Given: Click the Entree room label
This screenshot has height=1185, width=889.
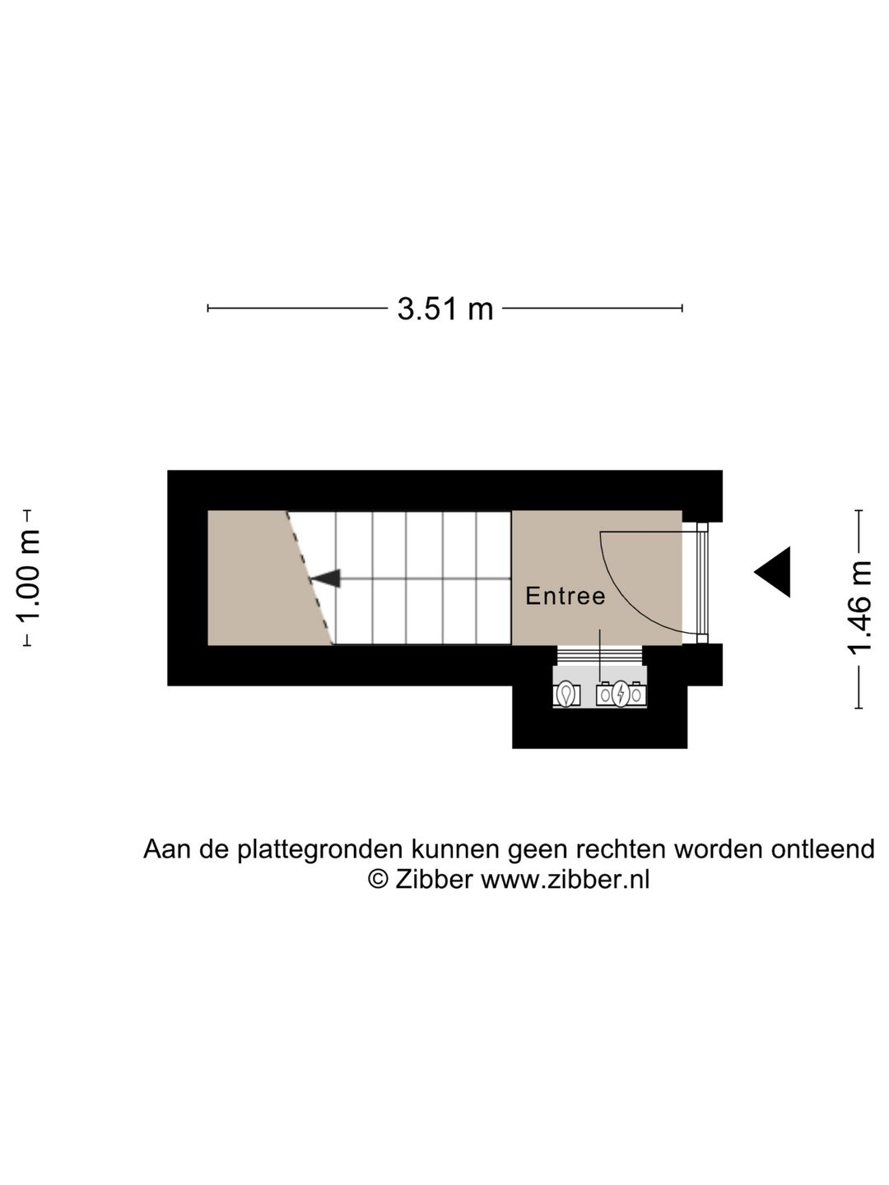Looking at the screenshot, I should tap(565, 596).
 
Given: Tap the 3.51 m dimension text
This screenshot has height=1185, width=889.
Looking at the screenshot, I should tap(444, 309).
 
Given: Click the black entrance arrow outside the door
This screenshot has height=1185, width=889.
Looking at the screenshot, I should tap(775, 572).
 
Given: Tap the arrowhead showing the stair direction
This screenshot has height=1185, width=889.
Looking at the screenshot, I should tap(326, 579).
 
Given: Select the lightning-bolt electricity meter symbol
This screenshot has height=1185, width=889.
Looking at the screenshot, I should tap(621, 695).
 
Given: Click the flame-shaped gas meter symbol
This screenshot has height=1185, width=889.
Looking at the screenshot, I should tap(566, 695).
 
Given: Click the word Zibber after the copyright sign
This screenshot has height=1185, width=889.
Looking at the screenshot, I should tap(433, 880).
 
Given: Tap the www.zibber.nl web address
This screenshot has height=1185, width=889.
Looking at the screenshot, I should tap(565, 880).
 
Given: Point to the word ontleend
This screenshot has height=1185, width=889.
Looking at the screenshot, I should tap(822, 849).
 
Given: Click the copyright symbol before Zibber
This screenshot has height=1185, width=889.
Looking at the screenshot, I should tap(378, 880).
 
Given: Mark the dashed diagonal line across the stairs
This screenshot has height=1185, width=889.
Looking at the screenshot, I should tap(310, 579).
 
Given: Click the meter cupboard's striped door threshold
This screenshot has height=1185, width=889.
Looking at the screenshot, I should tap(599, 655).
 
